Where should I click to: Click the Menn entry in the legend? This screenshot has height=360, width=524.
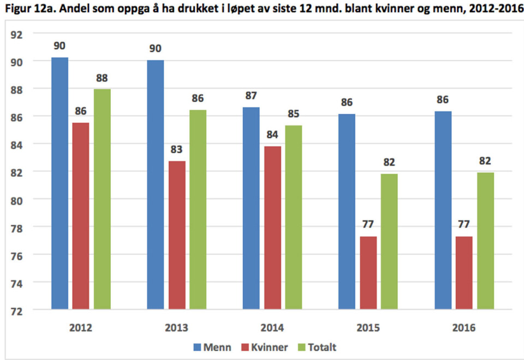212,346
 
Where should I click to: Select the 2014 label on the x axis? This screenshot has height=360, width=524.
272,328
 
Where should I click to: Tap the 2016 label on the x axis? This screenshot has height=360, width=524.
464,328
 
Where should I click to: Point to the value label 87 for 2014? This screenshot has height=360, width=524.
251,95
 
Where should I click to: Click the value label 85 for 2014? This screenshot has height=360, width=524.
293,114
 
